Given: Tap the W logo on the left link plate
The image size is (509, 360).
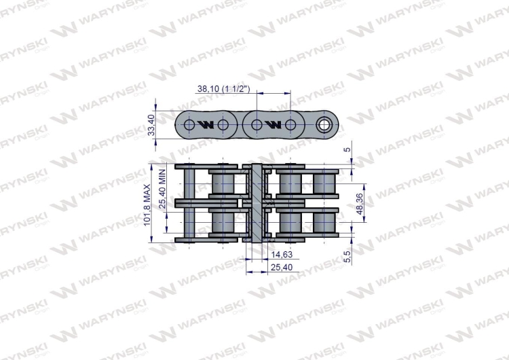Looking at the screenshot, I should [x=206, y=125].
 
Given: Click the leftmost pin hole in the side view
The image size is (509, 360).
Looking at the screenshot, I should [x=189, y=125].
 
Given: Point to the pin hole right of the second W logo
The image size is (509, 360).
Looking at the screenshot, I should [x=290, y=125].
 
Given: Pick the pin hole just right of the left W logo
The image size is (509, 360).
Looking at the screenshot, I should [x=223, y=125].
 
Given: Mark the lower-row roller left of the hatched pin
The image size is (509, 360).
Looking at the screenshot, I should [x=222, y=222].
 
